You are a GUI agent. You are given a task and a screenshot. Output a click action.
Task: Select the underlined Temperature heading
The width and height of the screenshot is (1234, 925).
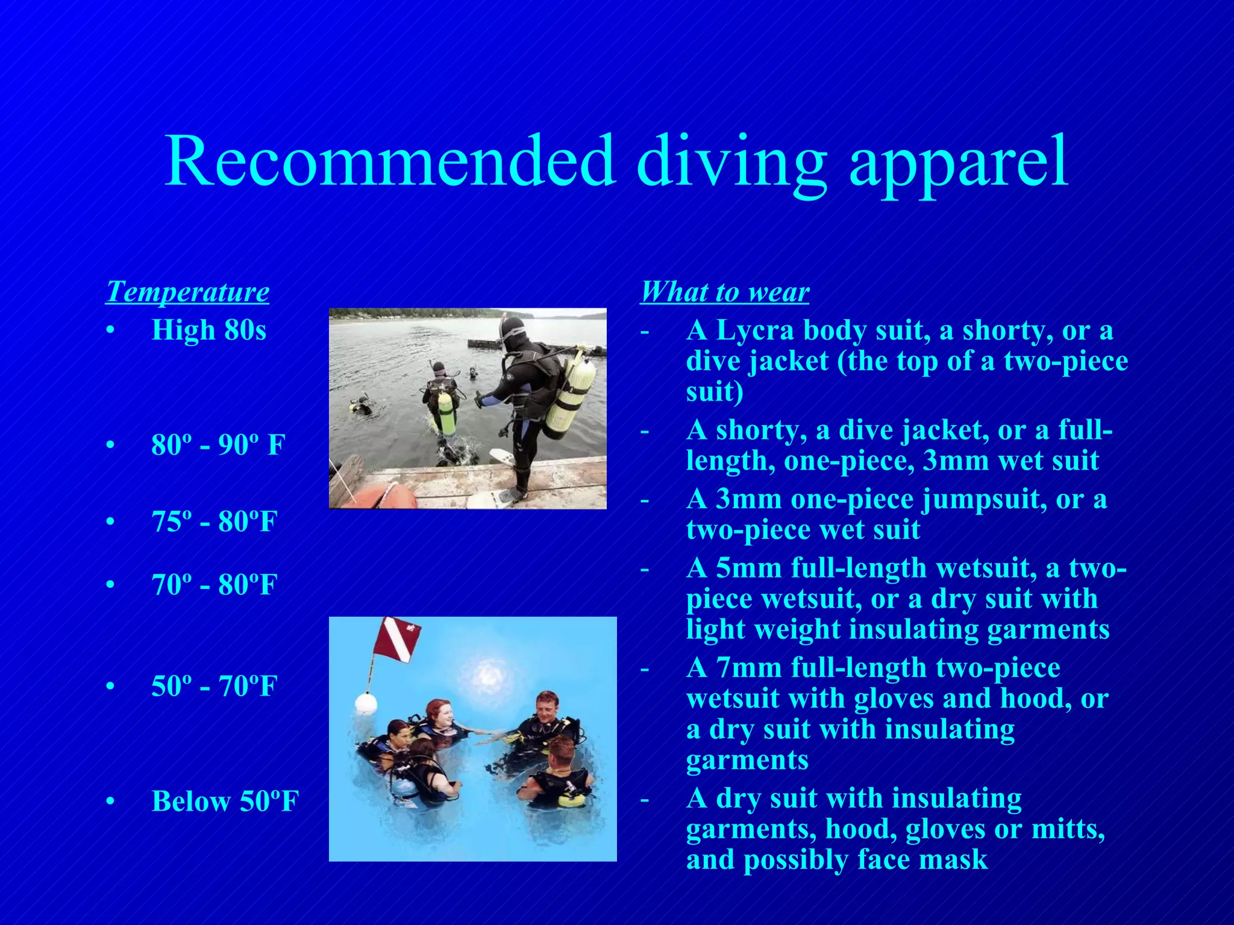coord(187,292)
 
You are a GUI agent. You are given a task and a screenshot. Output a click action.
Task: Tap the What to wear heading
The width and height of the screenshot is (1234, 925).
coord(724,292)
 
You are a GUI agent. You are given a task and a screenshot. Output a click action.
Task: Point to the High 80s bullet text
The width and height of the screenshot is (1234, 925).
coord(208,330)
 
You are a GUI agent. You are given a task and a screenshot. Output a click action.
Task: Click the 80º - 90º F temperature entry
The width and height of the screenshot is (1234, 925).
coord(218,445)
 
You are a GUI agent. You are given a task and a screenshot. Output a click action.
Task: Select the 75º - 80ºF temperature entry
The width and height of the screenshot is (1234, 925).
coord(214,522)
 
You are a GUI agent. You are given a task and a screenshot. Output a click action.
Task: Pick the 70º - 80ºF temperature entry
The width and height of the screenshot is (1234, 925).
coord(214,585)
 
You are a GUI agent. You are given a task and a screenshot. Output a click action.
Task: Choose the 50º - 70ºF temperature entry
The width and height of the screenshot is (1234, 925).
coord(214,686)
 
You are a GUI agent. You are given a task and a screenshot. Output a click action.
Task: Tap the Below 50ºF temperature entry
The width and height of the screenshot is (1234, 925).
coord(225,802)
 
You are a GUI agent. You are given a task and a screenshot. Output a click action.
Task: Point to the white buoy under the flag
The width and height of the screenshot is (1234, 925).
coord(365,703)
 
